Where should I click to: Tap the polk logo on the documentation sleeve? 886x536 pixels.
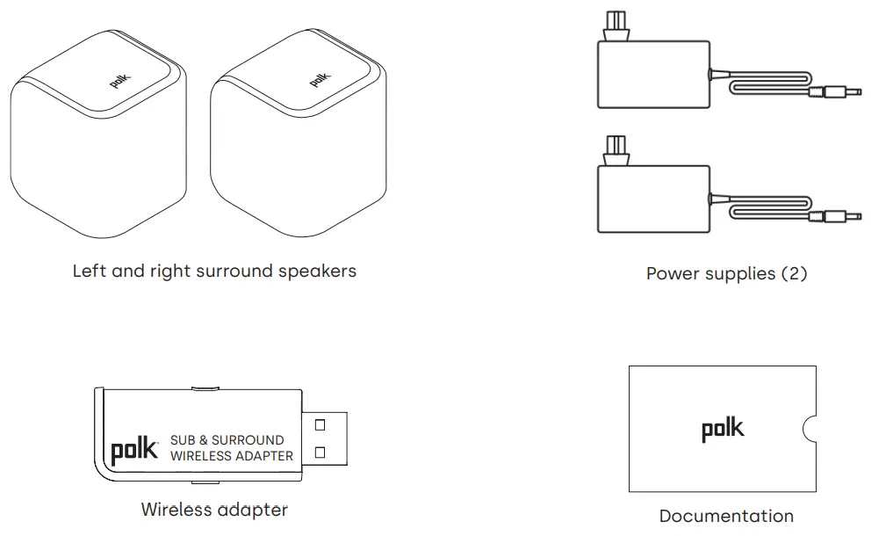722,429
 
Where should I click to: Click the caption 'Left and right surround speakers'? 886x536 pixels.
214,271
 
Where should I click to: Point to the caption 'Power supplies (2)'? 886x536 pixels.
726,273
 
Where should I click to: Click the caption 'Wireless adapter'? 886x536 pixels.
214,509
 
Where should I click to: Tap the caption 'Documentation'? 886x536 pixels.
726,516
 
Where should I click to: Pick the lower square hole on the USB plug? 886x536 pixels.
320,453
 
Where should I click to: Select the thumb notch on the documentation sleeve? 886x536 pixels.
810,428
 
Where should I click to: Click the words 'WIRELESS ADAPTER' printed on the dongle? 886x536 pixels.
231,456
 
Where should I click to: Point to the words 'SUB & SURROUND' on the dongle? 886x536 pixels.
227,439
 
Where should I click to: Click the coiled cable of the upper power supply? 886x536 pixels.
764,87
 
